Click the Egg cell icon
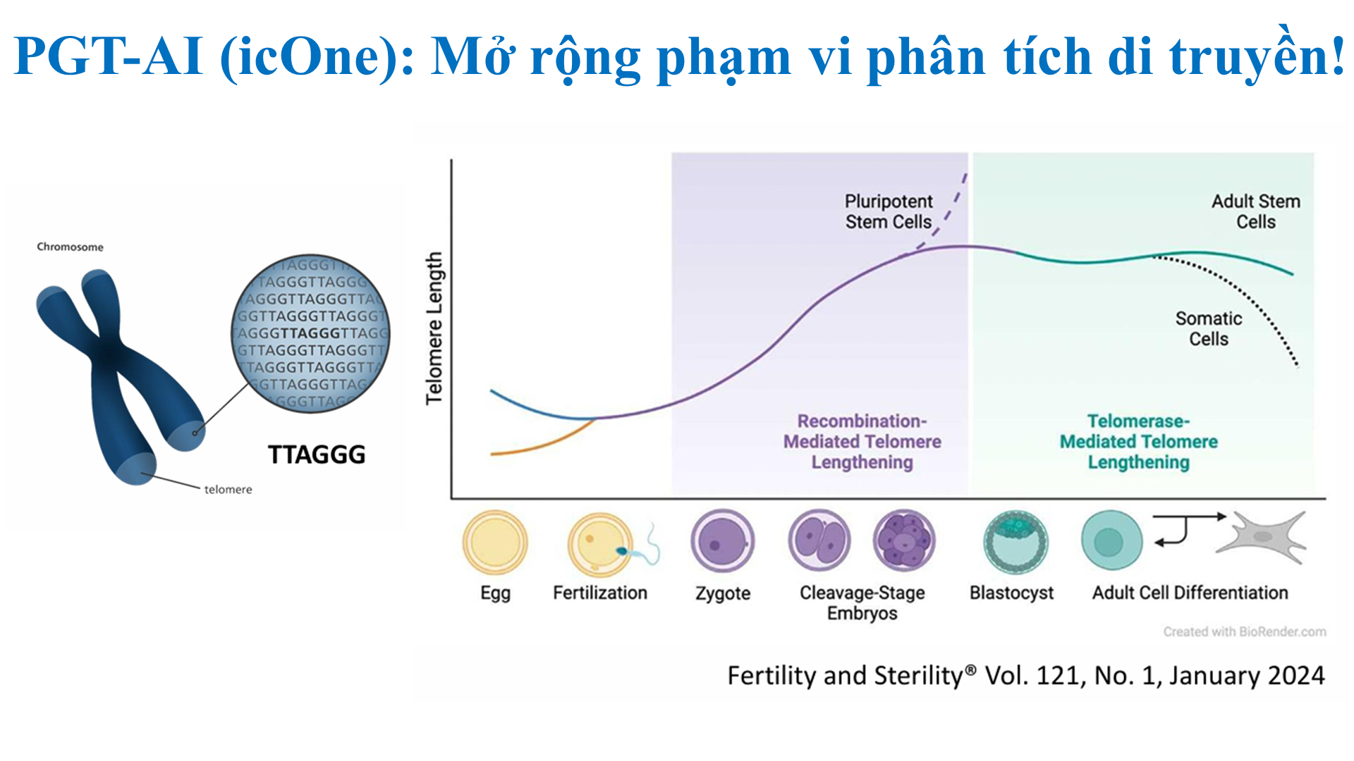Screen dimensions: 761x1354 pos(495,542)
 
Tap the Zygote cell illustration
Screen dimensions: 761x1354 pos(722,542)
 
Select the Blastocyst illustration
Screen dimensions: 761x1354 pos(1015,542)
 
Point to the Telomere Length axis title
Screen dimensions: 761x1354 pos(434,328)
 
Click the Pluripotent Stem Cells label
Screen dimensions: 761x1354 pos(889,211)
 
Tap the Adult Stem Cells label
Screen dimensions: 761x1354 pos(1255,211)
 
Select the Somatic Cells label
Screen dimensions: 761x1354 pos(1209,328)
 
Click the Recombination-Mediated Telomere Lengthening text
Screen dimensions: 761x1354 pos(862,442)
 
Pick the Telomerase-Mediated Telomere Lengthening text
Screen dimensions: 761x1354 pos(1138,442)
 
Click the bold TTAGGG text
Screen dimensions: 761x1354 pos(317,454)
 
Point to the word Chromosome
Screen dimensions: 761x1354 pos(70,247)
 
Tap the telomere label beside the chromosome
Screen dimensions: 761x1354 pos(228,490)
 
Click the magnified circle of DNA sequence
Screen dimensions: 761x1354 pos(311,333)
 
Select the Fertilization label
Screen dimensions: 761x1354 pos(600,593)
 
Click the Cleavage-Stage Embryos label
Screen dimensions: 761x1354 pos(862,602)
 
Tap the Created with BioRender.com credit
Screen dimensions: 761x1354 pos(1245,632)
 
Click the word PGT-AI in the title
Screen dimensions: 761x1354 pos(109,56)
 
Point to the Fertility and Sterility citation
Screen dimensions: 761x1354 pos(1026,676)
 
